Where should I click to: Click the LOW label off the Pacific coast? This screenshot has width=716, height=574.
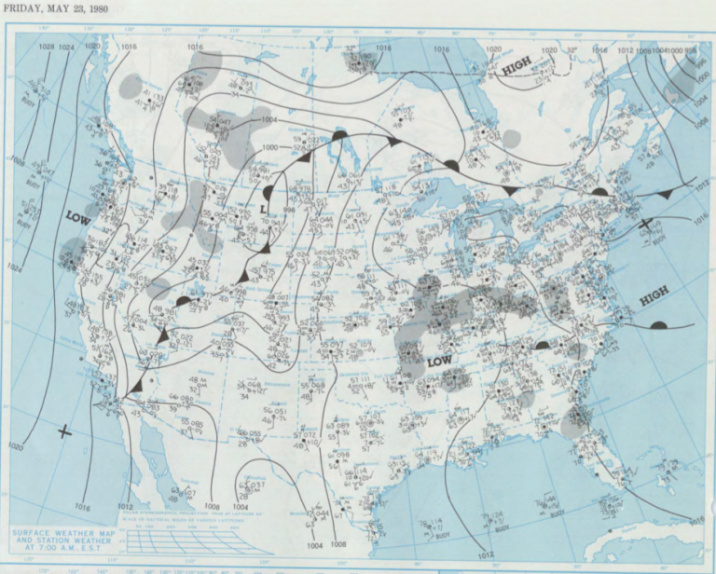click(79, 216)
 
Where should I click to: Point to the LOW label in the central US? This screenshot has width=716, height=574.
click(439, 360)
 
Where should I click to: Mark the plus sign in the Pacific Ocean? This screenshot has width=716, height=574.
click(64, 430)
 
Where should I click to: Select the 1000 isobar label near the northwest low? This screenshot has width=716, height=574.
click(269, 148)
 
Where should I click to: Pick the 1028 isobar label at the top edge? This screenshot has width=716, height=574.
click(46, 47)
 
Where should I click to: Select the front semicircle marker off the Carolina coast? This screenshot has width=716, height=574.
click(658, 325)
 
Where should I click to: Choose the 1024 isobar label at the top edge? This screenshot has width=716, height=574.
click(66, 47)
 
